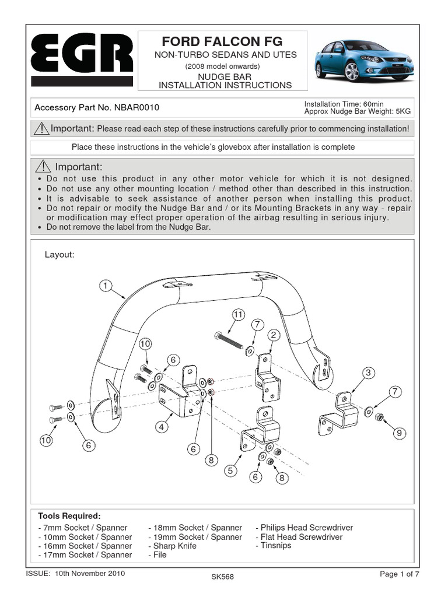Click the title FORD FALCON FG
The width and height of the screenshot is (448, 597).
coord(222,41)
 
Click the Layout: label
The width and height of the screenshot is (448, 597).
coord(60,255)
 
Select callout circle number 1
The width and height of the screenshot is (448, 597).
coord(105,286)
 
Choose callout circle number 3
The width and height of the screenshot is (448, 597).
coord(368,373)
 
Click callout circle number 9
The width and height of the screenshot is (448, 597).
coord(398,433)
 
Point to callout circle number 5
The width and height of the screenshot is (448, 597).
coord(231,470)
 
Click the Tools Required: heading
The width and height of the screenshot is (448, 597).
coord(69,516)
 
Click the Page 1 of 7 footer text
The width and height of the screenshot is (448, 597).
coord(400,574)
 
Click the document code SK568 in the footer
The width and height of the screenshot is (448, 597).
coord(222,577)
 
